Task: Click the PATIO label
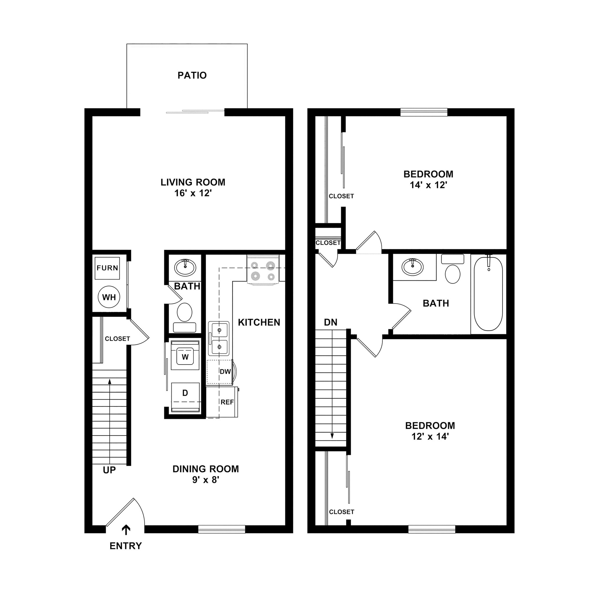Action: click(192, 76)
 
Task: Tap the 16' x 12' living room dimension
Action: click(193, 193)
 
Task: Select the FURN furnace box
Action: click(107, 268)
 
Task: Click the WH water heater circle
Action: click(109, 297)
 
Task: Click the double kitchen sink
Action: click(219, 338)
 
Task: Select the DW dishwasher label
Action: click(225, 372)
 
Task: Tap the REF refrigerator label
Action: click(227, 402)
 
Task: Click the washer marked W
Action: click(185, 357)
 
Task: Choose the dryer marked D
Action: click(185, 393)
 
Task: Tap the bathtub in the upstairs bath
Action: click(488, 294)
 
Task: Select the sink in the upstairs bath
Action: click(413, 267)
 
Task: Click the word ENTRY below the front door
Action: click(126, 546)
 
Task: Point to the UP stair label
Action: click(109, 470)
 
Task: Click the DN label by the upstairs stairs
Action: click(330, 322)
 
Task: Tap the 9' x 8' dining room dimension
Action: click(205, 480)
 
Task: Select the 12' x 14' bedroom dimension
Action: click(430, 436)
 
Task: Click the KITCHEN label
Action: click(259, 322)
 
